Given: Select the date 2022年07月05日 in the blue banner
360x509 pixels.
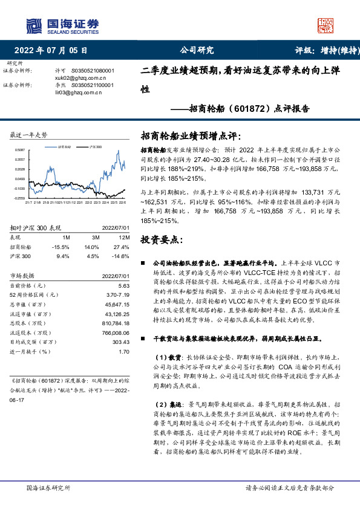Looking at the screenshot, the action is point(54,51).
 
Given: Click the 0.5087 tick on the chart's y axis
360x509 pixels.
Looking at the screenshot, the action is point(20,149).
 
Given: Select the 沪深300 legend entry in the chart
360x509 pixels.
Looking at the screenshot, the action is point(94,147).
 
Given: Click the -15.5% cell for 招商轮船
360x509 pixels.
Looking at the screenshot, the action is point(61,247).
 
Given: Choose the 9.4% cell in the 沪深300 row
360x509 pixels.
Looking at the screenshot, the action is point(62,256).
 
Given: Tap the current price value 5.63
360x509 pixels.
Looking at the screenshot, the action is point(123,285).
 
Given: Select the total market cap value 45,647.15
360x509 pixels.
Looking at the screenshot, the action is point(117,304).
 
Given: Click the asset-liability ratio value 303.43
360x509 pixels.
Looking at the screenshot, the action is point(121,342).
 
